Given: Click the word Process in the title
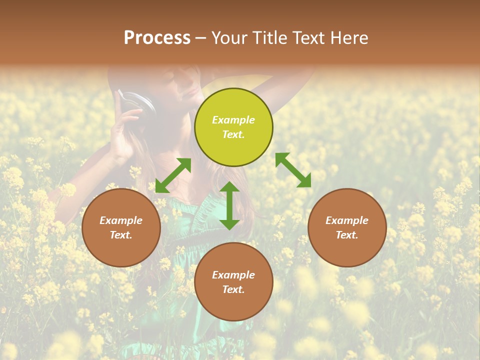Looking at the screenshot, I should pos(157,38).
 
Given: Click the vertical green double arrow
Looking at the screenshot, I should pos(229,205).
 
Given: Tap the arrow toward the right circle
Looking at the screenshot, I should pos(293,170).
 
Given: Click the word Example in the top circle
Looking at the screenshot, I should pos(233,120).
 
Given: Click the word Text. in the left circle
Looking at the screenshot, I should pos(121,235).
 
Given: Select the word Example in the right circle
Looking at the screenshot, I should pos(347,220).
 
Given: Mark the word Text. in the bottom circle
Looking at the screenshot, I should pos(233,289).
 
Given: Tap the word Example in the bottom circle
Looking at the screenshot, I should pos(233,275).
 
